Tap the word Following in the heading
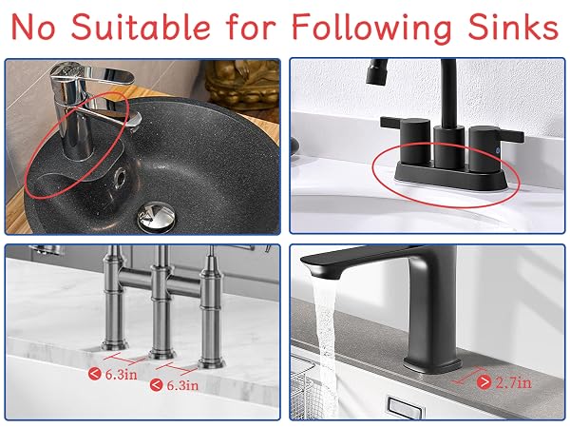click(x=371, y=28)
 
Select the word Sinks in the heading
click(x=513, y=27)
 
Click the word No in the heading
click(x=33, y=27)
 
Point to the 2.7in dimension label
click(x=514, y=382)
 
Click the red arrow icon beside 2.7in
click(x=484, y=382)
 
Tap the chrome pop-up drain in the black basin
click(x=157, y=217)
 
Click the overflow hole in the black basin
click(x=120, y=178)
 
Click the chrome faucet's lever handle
click(x=102, y=73)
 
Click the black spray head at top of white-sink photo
click(x=376, y=71)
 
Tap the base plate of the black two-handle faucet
click(x=451, y=177)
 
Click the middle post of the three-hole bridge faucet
click(x=161, y=302)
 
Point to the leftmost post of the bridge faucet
click(x=114, y=299)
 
